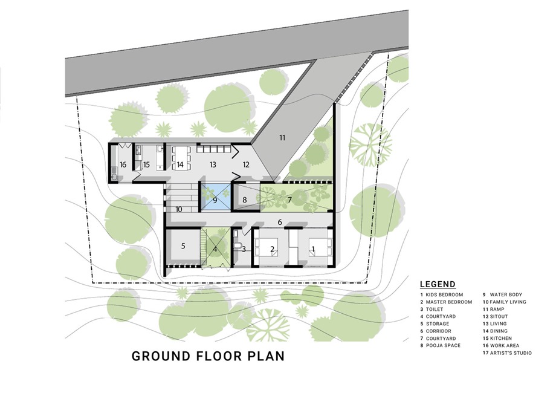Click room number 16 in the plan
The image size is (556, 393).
click(x=123, y=164)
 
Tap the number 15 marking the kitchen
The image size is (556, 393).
click(x=146, y=164)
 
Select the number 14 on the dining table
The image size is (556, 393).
click(x=180, y=164)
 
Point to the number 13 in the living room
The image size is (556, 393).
click(x=213, y=164)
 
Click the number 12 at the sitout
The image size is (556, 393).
click(x=246, y=164)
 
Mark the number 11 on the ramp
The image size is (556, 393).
click(x=282, y=138)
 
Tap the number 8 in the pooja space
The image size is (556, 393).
click(x=244, y=200)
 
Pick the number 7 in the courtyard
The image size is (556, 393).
click(x=289, y=200)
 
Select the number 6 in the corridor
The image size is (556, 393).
click(x=280, y=222)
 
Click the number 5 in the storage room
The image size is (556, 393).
click(x=183, y=246)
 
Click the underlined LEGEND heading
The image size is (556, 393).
click(x=438, y=284)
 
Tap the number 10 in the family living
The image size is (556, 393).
click(x=179, y=210)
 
